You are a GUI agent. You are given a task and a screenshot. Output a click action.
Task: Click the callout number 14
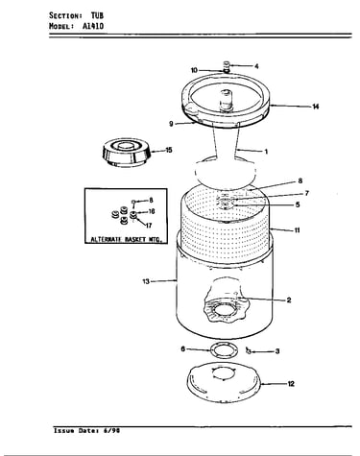click(x=315, y=107)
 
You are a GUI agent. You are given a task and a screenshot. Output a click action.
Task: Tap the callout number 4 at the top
click(x=256, y=66)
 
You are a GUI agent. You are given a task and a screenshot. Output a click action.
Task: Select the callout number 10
click(x=194, y=70)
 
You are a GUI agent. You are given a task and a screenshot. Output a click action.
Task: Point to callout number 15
click(x=168, y=150)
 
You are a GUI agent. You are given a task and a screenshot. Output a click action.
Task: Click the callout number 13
click(x=146, y=281)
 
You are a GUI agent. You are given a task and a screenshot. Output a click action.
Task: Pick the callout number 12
click(x=291, y=384)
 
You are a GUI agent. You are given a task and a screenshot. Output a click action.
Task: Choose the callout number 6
click(x=183, y=349)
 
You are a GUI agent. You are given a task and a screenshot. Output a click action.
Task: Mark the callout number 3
click(x=277, y=351)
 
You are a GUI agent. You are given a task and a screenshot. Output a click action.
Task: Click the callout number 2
click(x=289, y=300)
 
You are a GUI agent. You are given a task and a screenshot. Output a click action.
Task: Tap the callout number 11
click(x=297, y=230)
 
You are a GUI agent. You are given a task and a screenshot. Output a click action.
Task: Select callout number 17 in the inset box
click(x=149, y=226)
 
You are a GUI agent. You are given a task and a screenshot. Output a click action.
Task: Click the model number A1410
click(x=93, y=26)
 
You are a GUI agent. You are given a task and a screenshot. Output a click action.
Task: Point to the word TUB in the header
click(x=97, y=15)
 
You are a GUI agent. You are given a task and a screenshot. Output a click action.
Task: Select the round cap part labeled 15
click(x=126, y=153)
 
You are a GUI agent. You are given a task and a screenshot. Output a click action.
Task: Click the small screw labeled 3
click(x=249, y=350)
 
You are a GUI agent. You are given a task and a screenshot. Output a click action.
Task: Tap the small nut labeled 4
click(x=227, y=63)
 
